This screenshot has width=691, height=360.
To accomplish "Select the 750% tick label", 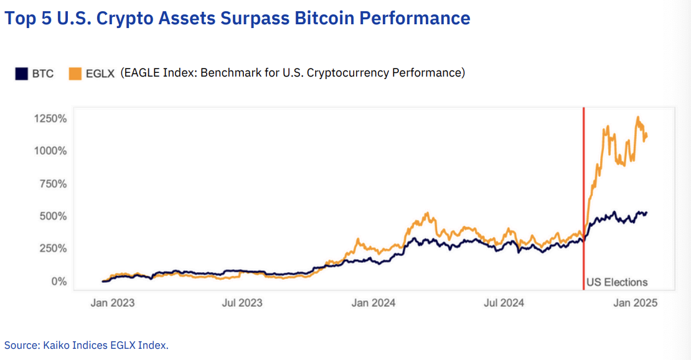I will [x=50, y=184].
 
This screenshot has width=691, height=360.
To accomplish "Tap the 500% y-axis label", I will [x=50, y=216].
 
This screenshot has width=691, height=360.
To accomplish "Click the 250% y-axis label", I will [x=50, y=249].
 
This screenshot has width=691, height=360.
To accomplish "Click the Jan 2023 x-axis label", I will [x=112, y=303].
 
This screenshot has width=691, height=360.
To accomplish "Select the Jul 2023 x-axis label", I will [x=242, y=303].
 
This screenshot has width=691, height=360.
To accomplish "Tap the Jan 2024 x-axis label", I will [x=373, y=303].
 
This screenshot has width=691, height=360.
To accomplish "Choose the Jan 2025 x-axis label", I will [x=636, y=303].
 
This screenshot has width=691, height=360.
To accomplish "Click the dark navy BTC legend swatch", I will [x=21, y=73].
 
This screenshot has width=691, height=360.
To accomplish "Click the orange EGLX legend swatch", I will [x=75, y=73].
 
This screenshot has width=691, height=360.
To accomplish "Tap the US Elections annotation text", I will [x=617, y=282].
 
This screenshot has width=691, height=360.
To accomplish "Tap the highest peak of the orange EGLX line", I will [x=637, y=117].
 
